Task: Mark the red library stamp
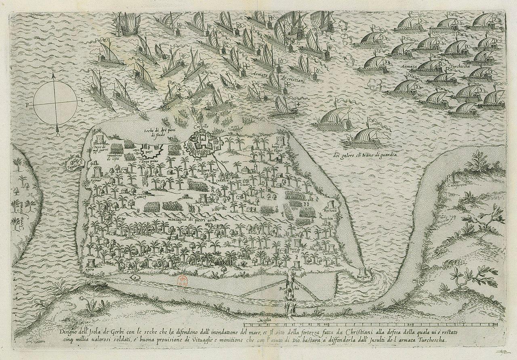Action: click(x=182, y=280)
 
